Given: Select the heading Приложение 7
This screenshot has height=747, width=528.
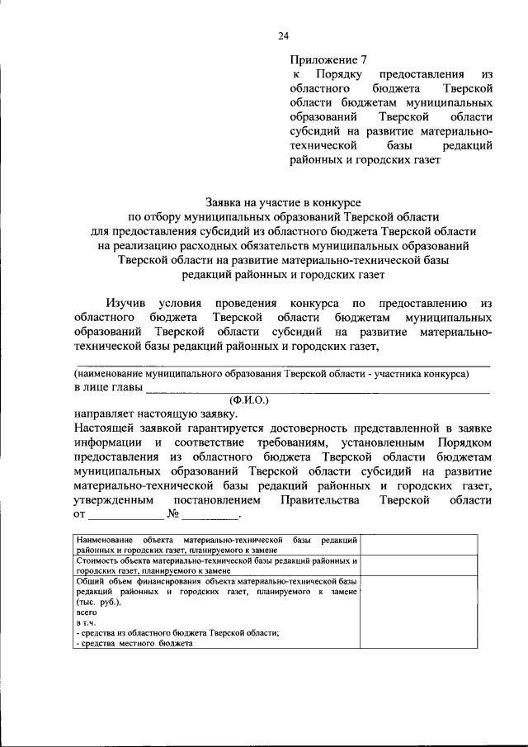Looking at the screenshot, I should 327,59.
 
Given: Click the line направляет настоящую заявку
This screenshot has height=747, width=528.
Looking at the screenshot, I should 155,413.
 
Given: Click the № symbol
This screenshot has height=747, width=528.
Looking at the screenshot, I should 173,516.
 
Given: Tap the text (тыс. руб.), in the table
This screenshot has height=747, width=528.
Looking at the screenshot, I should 97,603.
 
